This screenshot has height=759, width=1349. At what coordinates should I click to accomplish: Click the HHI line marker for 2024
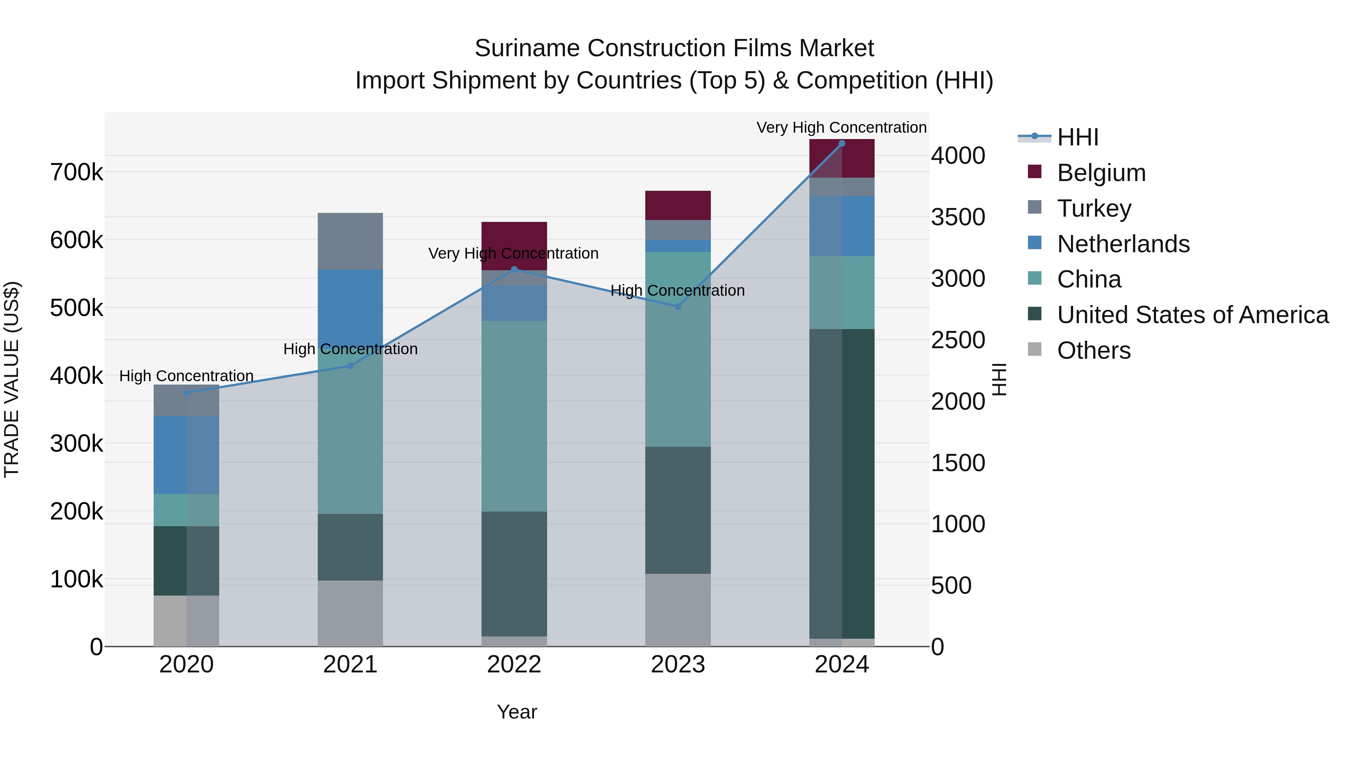842,144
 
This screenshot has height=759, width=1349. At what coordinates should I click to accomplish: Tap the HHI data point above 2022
514,269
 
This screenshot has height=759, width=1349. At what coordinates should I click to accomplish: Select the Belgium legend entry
1101,173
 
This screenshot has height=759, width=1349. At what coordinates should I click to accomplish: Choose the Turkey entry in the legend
1093,208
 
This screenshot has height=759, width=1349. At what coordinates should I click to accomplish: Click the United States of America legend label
1192,315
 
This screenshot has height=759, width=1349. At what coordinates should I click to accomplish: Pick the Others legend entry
1093,350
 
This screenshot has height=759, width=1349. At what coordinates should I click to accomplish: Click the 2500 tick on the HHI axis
958,340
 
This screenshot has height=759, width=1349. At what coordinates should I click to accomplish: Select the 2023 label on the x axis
677,665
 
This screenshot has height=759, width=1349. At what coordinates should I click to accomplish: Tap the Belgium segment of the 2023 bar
677,205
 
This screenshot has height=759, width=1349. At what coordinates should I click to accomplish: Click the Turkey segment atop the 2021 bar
350,241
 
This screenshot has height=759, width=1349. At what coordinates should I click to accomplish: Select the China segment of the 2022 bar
514,416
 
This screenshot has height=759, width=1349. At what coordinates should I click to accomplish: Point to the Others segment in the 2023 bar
677,610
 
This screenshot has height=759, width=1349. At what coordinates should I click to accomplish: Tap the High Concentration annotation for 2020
187,376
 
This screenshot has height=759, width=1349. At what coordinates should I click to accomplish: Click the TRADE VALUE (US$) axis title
12,379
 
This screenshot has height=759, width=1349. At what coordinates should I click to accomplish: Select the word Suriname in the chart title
528,48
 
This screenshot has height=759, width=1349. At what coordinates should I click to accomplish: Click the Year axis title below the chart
517,712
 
